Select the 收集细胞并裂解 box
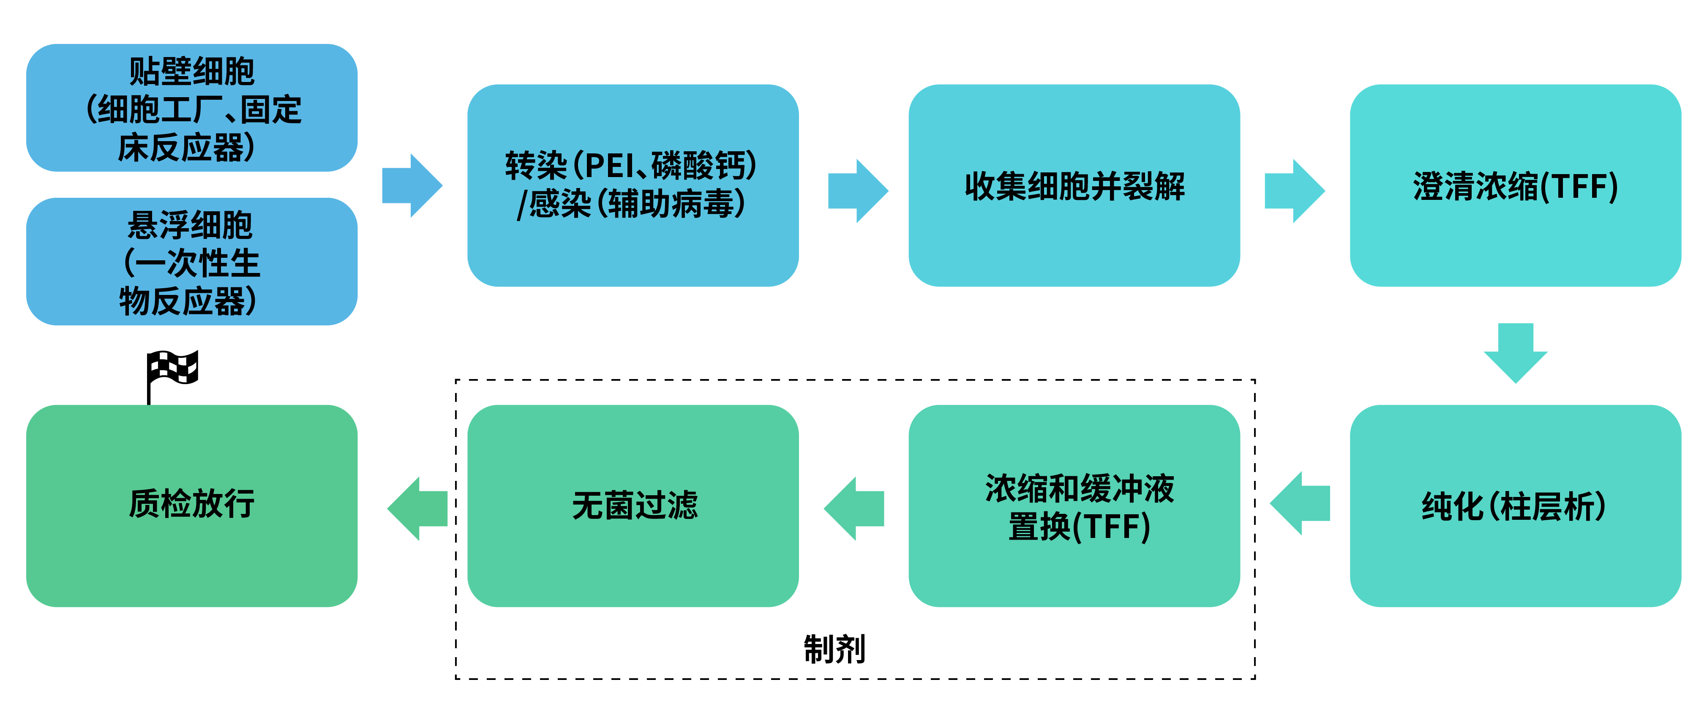[x=1074, y=186]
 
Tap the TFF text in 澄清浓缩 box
[x=1580, y=187]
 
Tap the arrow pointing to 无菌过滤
[x=854, y=508]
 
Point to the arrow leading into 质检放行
[x=417, y=508]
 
